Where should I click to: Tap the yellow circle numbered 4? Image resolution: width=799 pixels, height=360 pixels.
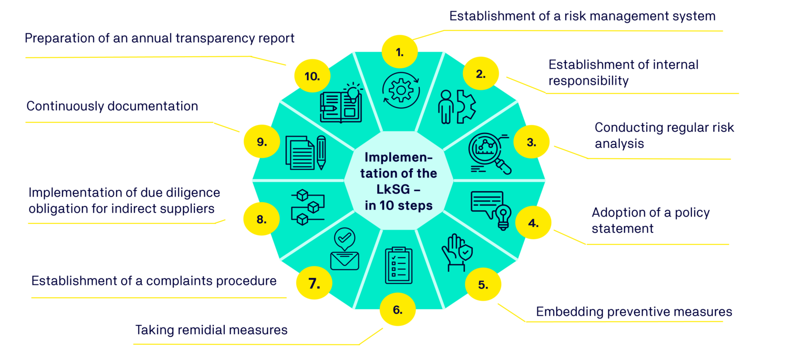(x=533, y=223)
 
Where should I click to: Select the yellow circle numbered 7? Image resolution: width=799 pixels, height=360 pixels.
(x=314, y=284)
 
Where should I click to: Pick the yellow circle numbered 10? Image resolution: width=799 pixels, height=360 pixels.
(x=312, y=76)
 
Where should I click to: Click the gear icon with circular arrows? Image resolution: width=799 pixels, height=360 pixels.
(x=401, y=90)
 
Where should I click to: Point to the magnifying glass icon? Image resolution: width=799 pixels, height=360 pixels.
(x=489, y=153)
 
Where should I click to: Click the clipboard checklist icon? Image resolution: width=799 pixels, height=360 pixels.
(x=399, y=265)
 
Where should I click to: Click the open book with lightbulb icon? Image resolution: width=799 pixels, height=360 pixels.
(x=341, y=103)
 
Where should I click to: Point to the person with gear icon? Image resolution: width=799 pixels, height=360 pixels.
(x=456, y=107)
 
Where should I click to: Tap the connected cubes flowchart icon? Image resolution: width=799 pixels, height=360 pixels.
(x=307, y=207)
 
